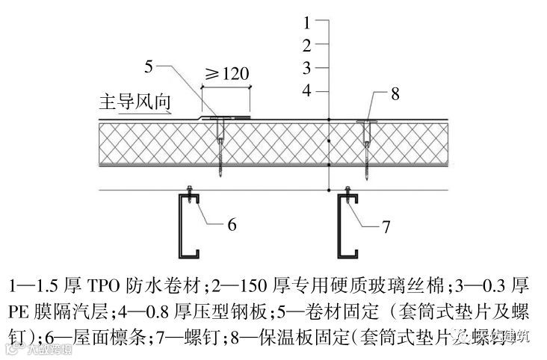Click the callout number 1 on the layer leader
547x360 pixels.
pyautogui.click(x=306, y=22)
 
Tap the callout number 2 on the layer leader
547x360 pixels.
pyautogui.click(x=306, y=45)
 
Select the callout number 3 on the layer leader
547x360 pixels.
pyautogui.click(x=306, y=68)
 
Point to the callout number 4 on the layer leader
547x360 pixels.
pyautogui.click(x=306, y=91)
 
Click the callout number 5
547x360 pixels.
pyautogui.click(x=149, y=67)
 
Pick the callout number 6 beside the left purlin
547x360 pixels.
pyautogui.click(x=232, y=223)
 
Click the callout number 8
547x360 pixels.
pyautogui.click(x=395, y=94)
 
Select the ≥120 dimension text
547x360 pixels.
pyautogui.click(x=226, y=73)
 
